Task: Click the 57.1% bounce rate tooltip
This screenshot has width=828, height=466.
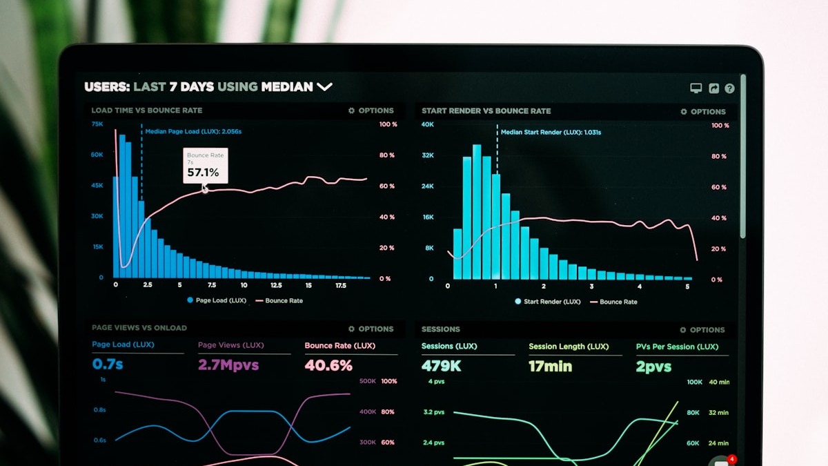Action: click(205, 166)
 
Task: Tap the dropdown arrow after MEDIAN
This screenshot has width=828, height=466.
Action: click(324, 87)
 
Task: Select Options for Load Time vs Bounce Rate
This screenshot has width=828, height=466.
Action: click(371, 110)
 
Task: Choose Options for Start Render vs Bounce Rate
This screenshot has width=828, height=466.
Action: click(703, 112)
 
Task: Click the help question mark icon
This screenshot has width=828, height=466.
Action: click(729, 88)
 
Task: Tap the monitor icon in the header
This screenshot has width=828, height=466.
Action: click(696, 88)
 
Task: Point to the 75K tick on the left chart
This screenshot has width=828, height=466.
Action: click(97, 124)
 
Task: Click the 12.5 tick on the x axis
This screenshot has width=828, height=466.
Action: click(276, 285)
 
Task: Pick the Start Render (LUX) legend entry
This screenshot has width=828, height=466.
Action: click(548, 302)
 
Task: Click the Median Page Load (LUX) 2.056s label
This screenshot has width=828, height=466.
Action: click(193, 131)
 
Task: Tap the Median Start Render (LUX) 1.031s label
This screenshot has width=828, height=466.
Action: click(551, 133)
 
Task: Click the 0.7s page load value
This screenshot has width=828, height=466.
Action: click(108, 365)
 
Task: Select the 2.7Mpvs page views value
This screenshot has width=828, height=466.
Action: click(228, 365)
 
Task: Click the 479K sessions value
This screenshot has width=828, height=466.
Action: click(441, 367)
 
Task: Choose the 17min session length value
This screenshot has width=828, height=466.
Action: click(551, 367)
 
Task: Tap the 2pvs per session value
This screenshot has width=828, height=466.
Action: click(653, 367)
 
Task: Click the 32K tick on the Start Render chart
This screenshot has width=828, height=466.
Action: click(428, 156)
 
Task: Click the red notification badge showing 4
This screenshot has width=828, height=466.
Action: click(732, 459)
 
